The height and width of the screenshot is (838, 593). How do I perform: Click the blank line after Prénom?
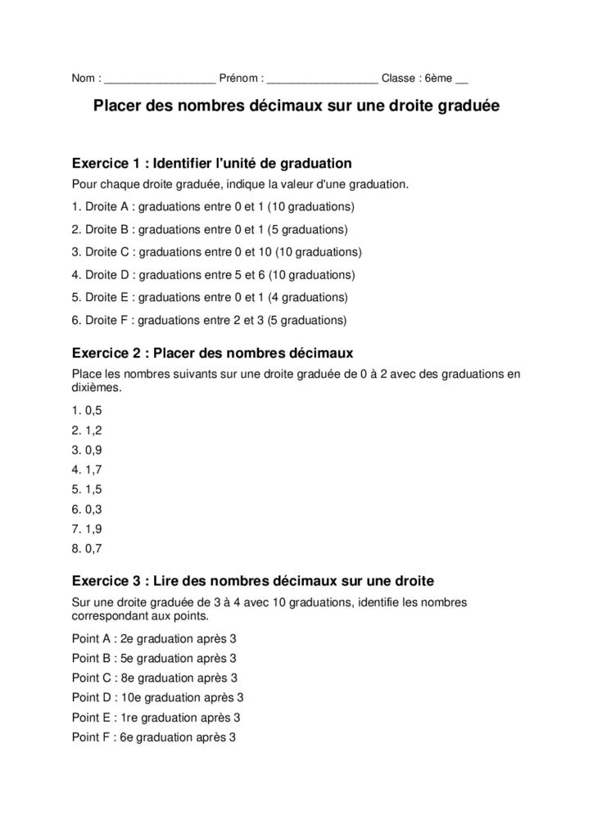click(323, 80)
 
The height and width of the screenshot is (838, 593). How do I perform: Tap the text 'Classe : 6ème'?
click(418, 79)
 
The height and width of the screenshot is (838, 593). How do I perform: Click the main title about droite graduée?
click(296, 106)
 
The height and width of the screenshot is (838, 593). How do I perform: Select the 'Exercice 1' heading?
click(212, 163)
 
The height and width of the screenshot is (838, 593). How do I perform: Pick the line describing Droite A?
click(213, 205)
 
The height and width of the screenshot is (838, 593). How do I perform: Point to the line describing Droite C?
click(216, 251)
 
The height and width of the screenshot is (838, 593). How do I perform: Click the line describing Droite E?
click(210, 297)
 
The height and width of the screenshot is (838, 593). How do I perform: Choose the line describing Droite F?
click(209, 320)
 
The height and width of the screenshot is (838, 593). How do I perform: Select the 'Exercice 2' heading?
click(212, 354)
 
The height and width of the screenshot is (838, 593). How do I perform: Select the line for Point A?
click(154, 638)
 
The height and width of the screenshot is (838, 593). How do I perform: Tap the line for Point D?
click(157, 697)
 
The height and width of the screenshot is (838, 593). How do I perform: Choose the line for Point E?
click(156, 718)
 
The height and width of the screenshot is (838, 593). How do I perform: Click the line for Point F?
click(154, 737)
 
